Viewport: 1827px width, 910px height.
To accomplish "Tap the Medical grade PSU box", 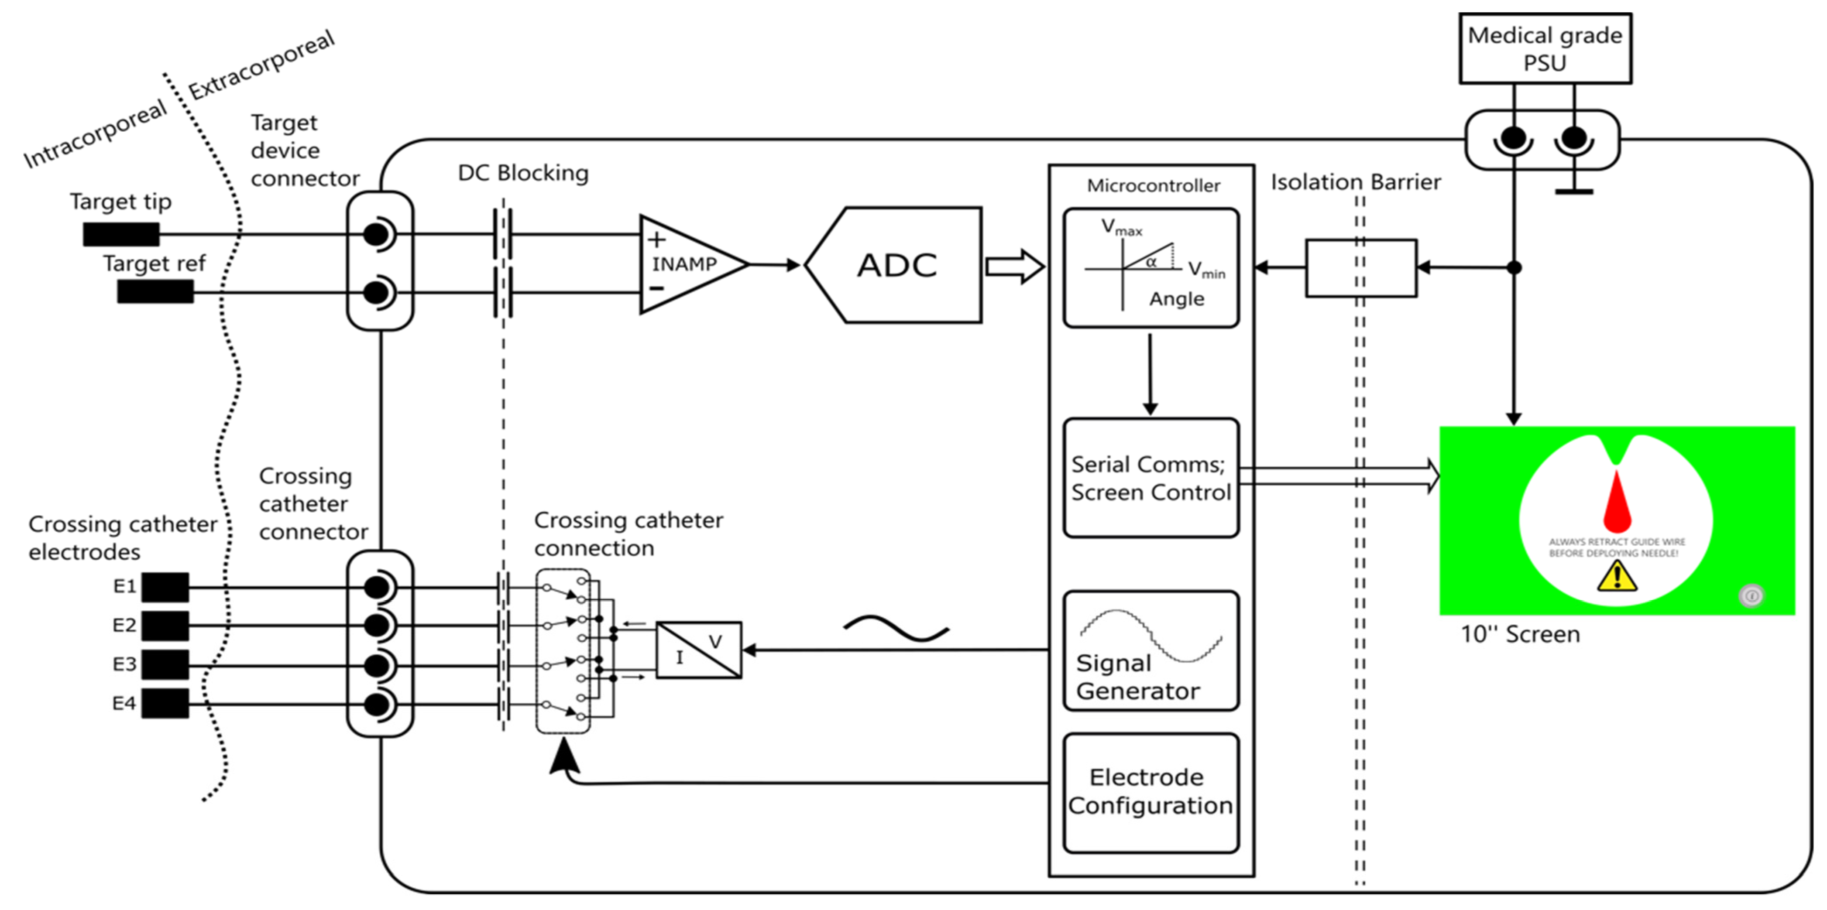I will (x=1545, y=48).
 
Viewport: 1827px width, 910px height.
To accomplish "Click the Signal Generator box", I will (x=1150, y=650).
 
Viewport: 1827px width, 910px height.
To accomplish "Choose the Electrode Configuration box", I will (x=1150, y=792).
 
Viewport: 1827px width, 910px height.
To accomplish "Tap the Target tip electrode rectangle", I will (x=120, y=234).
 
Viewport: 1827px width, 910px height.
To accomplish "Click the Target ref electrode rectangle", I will (x=155, y=291).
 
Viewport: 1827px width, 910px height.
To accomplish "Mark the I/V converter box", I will (x=699, y=650).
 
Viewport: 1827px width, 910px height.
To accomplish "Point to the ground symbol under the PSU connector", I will (x=1574, y=190).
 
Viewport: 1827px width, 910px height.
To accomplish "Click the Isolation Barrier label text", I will (x=1355, y=182).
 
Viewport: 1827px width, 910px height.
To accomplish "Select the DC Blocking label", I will (x=523, y=173).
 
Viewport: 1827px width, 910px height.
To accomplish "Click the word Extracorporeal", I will (x=261, y=65).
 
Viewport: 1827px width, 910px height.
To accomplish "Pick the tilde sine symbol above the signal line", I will (x=896, y=628).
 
